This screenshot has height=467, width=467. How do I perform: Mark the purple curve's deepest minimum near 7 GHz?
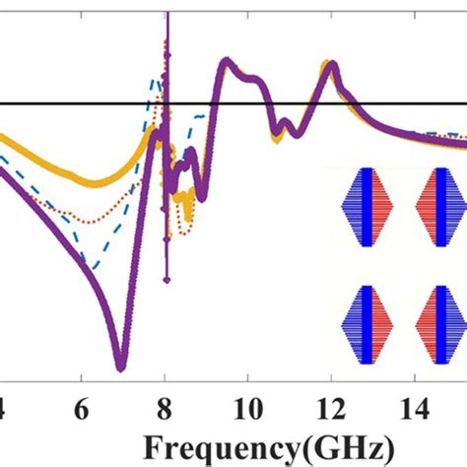pyautogui.click(x=121, y=367)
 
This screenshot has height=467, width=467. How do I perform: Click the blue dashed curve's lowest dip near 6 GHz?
pyautogui.click(x=92, y=267)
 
